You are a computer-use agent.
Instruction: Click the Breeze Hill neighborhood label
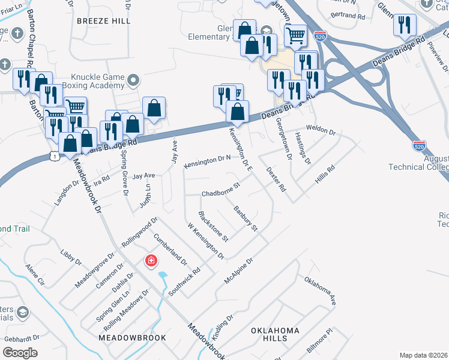tap(103, 20)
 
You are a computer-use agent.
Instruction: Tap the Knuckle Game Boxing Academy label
tap(97, 82)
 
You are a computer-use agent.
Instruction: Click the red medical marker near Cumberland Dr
tap(151, 261)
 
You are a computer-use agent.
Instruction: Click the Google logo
tap(20, 353)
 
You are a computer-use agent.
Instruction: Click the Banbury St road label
tap(246, 219)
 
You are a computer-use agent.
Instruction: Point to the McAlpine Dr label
tap(239, 271)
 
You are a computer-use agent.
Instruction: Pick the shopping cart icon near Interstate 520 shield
tap(295, 36)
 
